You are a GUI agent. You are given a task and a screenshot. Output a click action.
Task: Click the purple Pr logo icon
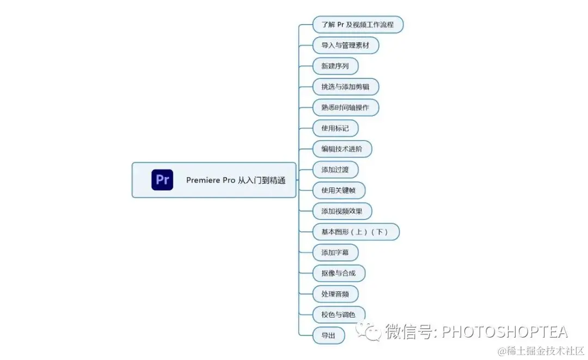[162, 180]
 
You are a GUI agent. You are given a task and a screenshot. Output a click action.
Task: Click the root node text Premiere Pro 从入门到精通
[235, 180]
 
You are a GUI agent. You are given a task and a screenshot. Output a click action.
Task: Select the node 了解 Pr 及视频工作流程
[358, 25]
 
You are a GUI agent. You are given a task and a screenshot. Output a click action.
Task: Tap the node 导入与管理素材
[345, 46]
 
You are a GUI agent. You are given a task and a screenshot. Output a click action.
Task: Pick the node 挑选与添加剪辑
[345, 87]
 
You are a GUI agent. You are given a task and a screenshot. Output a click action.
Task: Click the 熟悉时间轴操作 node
[345, 108]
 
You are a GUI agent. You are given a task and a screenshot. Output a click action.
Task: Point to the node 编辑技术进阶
[342, 149]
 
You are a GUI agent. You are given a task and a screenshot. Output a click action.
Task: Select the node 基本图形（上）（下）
[356, 232]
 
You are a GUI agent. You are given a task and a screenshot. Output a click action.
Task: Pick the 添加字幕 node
[335, 253]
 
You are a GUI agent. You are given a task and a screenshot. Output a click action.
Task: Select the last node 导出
[328, 335]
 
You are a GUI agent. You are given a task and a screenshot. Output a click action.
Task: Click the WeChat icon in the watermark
[369, 331]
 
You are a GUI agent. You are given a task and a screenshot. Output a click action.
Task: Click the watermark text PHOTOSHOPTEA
[504, 331]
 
